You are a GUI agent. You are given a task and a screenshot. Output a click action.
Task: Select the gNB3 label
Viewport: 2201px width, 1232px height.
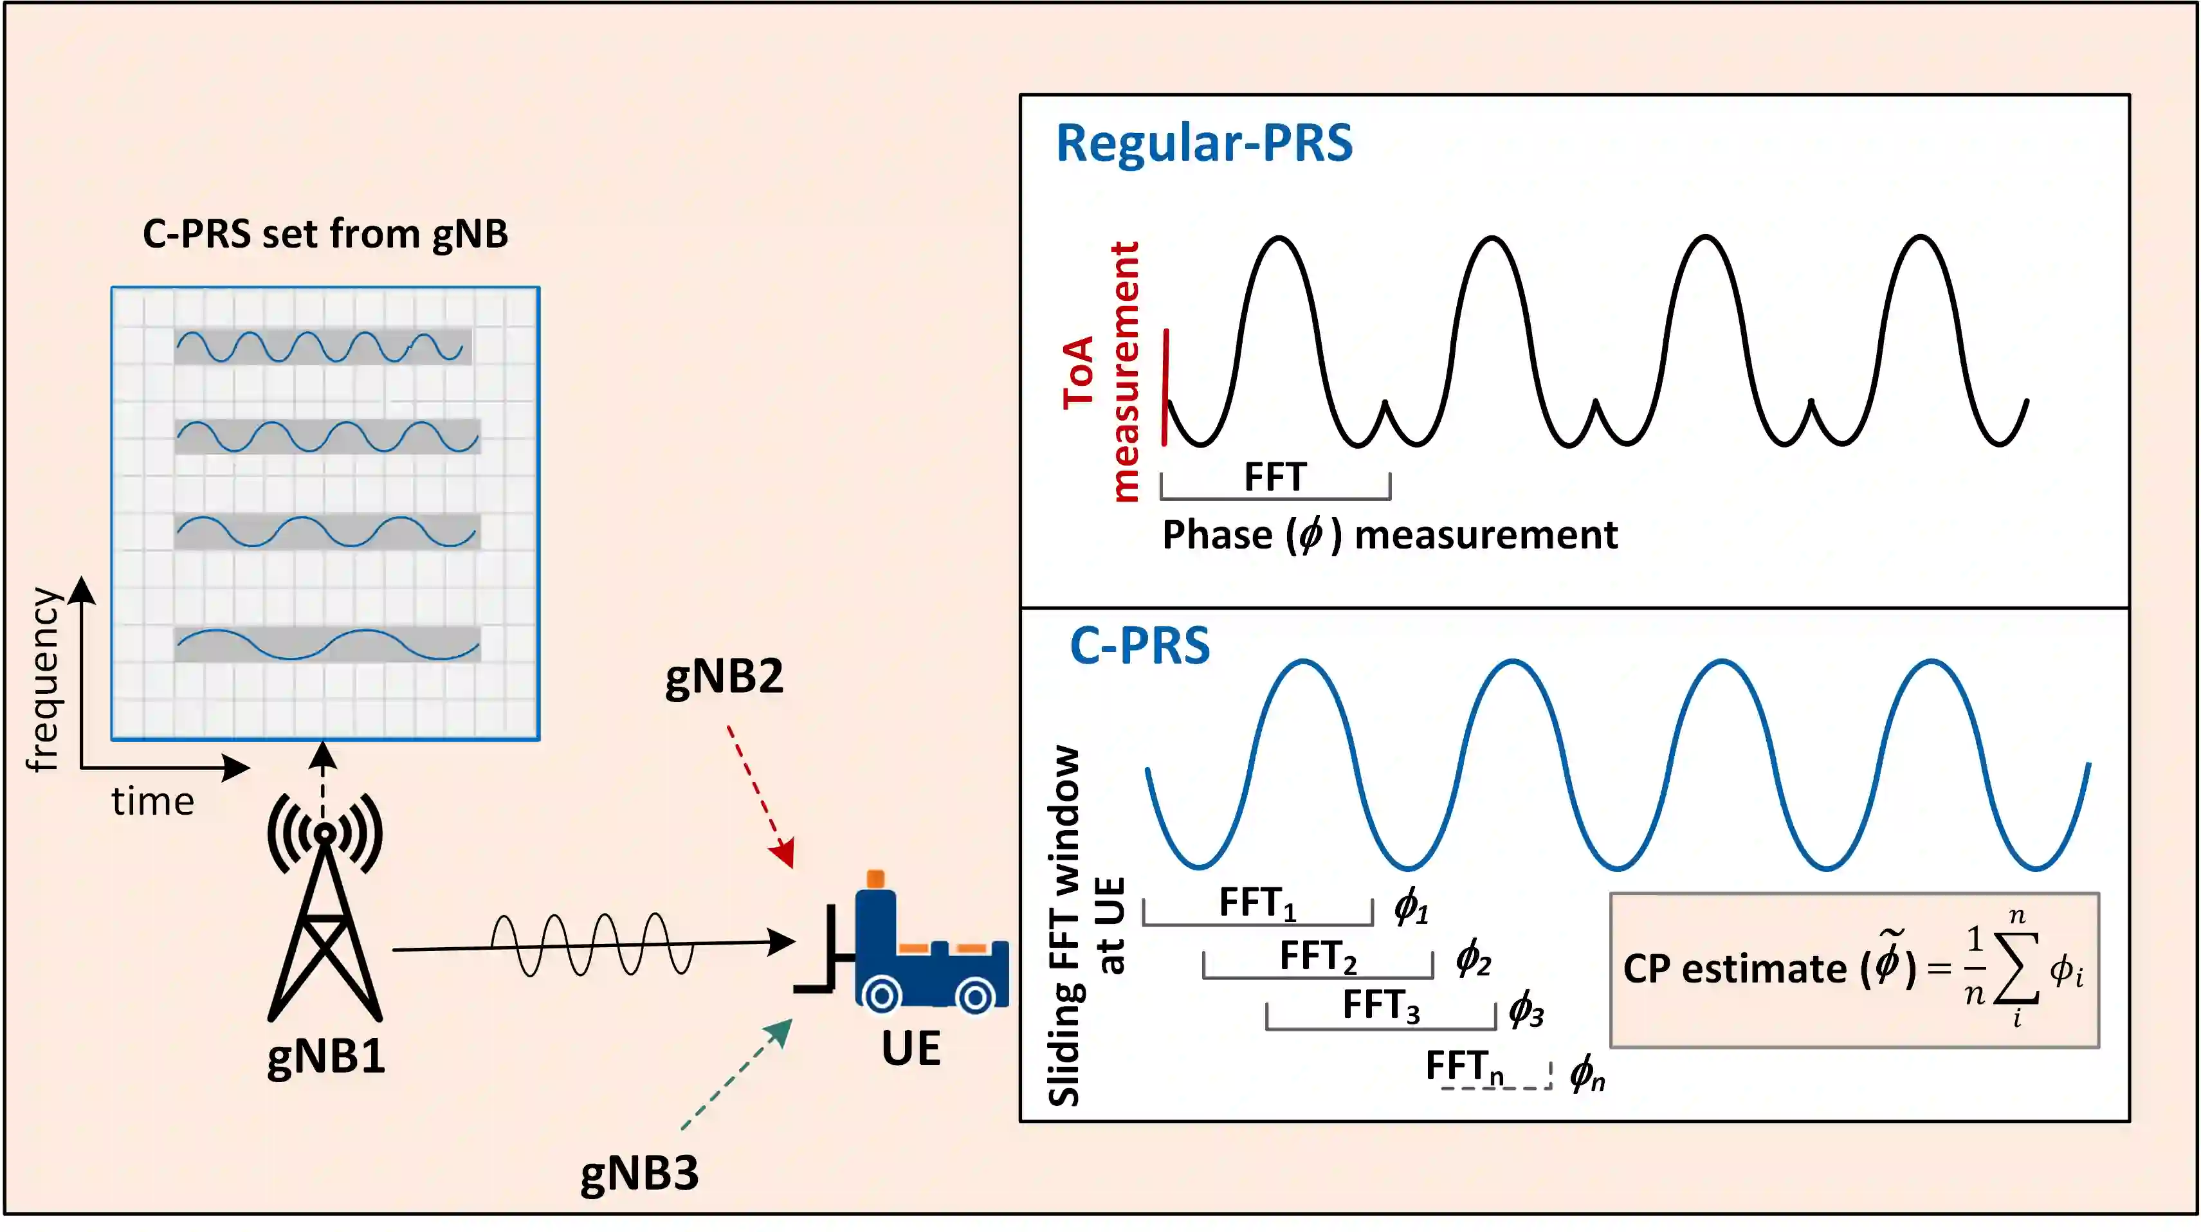[639, 1173]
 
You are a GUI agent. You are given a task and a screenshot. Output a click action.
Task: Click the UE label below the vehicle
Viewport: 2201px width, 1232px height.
[911, 1048]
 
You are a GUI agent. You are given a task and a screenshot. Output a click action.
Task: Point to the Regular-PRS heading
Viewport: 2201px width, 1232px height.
[1204, 143]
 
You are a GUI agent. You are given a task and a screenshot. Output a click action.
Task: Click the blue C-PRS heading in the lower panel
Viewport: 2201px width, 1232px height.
[1140, 646]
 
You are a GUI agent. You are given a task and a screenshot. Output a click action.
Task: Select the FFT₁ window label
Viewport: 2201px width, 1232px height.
[1257, 904]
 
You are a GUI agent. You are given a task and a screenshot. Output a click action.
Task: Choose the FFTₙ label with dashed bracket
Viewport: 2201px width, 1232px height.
[1465, 1067]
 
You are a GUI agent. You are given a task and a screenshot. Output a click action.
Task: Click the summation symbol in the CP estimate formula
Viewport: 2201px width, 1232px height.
[2016, 968]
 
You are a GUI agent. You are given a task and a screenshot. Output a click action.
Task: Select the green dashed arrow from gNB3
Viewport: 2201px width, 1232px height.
[736, 1074]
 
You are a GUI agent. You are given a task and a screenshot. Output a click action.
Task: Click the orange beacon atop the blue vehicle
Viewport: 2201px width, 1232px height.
[875, 878]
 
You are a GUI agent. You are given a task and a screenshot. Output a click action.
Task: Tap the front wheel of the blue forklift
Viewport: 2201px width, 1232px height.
[881, 995]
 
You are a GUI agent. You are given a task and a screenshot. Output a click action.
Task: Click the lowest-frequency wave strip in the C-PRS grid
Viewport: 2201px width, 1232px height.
[327, 644]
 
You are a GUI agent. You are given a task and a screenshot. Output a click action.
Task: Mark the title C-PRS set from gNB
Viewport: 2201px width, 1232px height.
[325, 234]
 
